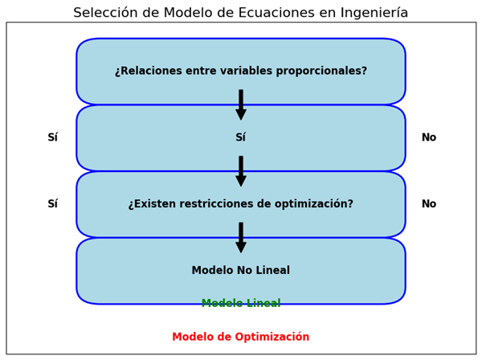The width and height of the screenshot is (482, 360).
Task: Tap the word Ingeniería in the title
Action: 374,13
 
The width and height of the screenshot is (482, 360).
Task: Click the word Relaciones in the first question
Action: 149,71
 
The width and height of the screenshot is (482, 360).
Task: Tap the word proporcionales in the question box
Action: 321,71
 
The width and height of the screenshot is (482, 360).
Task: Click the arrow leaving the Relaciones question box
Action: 241,104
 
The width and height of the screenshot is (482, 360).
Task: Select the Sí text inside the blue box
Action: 241,137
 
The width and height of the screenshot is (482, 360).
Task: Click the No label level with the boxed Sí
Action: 429,137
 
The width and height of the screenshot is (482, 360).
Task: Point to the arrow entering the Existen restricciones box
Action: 241,171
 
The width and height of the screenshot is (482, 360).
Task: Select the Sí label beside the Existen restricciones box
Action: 52,203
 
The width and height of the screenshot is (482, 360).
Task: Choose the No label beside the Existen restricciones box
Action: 429,203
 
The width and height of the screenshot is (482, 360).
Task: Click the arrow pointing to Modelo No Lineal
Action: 241,238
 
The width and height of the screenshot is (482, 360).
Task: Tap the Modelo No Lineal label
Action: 241,270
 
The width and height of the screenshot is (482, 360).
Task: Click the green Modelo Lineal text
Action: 241,304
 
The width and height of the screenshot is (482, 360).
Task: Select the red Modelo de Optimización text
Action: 241,337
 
